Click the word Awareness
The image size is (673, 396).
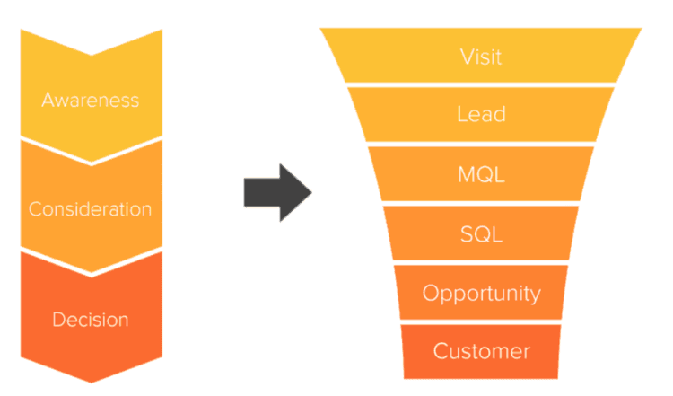click(90, 99)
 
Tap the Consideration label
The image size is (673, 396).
click(90, 209)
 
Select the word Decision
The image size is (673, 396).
click(90, 320)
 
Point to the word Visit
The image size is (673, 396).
click(481, 57)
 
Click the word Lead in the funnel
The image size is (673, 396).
click(481, 115)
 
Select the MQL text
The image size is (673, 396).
click(481, 174)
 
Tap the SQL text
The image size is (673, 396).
click(481, 234)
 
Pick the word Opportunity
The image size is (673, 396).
click(481, 294)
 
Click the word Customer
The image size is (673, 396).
click(481, 351)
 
